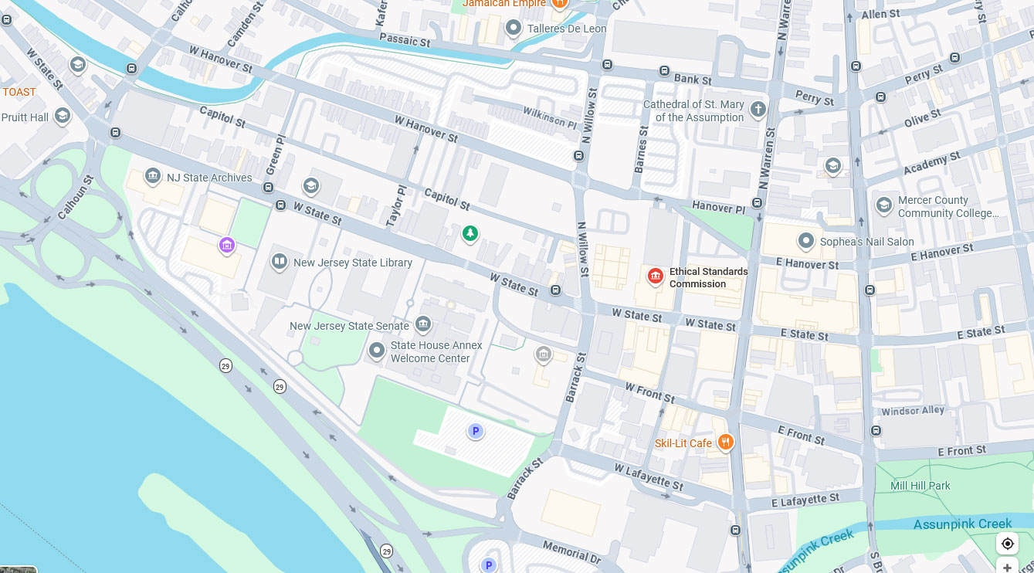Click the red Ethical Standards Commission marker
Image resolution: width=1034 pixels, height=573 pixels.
coord(655,276)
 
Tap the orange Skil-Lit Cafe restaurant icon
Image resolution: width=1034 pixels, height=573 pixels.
coord(725,442)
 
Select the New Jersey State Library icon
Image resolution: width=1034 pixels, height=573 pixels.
coord(280,263)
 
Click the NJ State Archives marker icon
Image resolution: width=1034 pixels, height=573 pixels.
coord(153,177)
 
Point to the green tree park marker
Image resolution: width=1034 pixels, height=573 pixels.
coord(470,232)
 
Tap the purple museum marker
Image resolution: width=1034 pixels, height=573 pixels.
coord(226,246)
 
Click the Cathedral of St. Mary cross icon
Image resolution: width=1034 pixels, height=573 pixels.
coord(758,109)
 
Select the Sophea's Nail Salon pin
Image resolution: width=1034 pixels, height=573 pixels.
coord(805,241)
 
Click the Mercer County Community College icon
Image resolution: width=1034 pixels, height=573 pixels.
coord(883,205)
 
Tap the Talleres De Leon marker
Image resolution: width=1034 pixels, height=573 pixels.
coord(513,29)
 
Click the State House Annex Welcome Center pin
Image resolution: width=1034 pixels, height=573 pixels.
coord(376,351)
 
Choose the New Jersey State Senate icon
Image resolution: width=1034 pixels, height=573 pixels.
coord(422,324)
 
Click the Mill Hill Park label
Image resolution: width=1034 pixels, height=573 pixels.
coord(920,486)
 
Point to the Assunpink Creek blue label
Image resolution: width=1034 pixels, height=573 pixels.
coord(962,524)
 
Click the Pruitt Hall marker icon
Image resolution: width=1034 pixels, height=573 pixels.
coord(63,116)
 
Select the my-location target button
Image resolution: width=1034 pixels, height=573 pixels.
coord(1007,544)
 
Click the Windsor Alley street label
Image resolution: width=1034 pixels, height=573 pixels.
coord(912,411)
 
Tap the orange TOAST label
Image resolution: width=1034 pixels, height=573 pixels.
coord(19,92)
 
